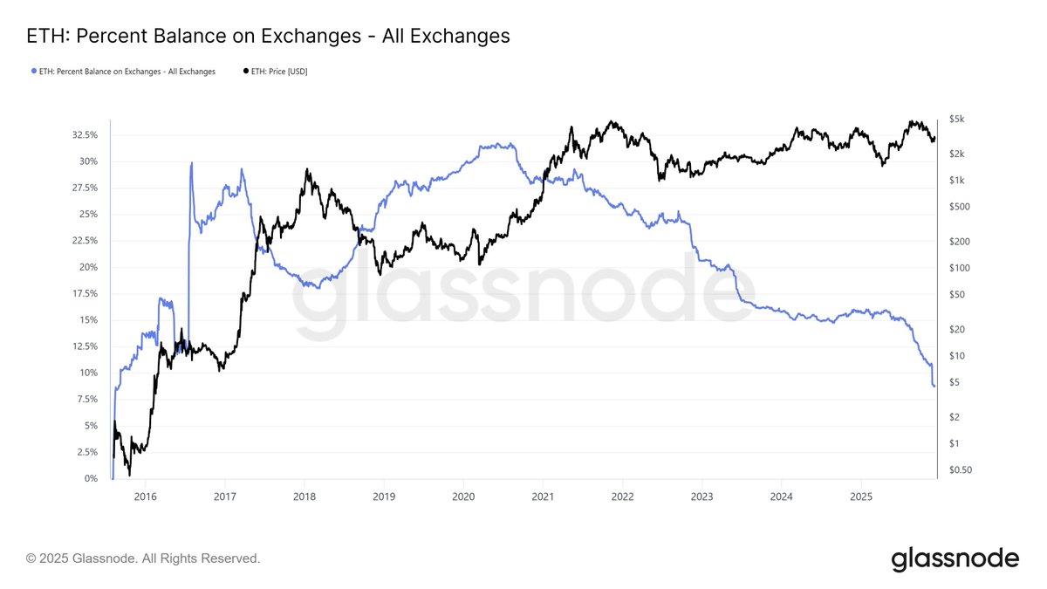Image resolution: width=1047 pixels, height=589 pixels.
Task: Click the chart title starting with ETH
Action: pos(269,36)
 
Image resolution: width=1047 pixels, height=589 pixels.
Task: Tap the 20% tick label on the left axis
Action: pos(87,267)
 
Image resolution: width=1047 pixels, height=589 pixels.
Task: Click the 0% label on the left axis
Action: pos(91,479)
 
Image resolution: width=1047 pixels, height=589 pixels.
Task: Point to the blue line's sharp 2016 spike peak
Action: pos(191,163)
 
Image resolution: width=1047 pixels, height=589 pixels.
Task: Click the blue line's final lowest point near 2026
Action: pos(934,386)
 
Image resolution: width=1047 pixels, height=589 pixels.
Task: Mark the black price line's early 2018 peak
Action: pos(306,170)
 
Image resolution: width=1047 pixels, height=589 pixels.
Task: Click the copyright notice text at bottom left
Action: pos(142,558)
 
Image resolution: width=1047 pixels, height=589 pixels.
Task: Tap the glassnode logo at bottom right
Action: pos(955,558)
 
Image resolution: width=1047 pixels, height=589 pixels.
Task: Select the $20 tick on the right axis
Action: pos(957,329)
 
